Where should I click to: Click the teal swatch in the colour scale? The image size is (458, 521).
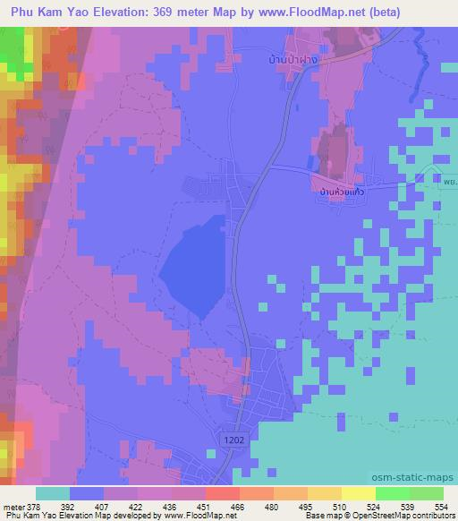click(x=53, y=493)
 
